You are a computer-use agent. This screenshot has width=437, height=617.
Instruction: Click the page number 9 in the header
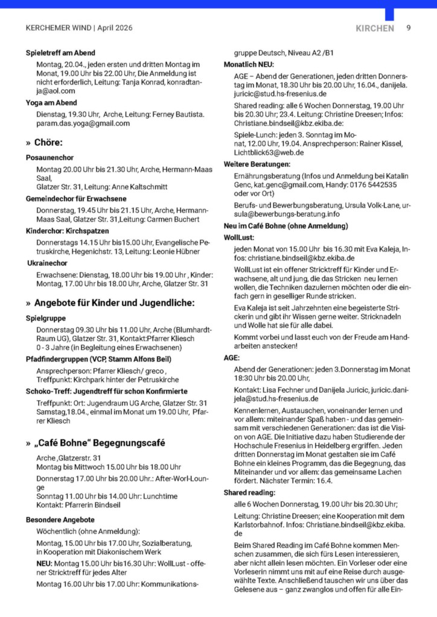409,28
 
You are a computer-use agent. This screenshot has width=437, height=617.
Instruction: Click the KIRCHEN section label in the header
375,28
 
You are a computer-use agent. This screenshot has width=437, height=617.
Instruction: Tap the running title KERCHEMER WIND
59,28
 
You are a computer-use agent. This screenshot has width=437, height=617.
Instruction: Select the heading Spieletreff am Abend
60,53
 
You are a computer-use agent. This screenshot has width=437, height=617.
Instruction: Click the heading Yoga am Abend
51,103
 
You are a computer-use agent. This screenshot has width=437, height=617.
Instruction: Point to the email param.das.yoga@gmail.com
83,124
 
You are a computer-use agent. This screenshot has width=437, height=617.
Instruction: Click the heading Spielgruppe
46,318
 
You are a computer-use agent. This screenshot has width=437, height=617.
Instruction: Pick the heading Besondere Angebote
60,519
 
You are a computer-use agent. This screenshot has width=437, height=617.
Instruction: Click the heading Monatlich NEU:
249,64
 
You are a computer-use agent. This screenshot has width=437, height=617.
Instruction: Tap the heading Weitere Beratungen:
257,164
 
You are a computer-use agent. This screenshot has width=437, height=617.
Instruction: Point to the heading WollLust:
240,237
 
